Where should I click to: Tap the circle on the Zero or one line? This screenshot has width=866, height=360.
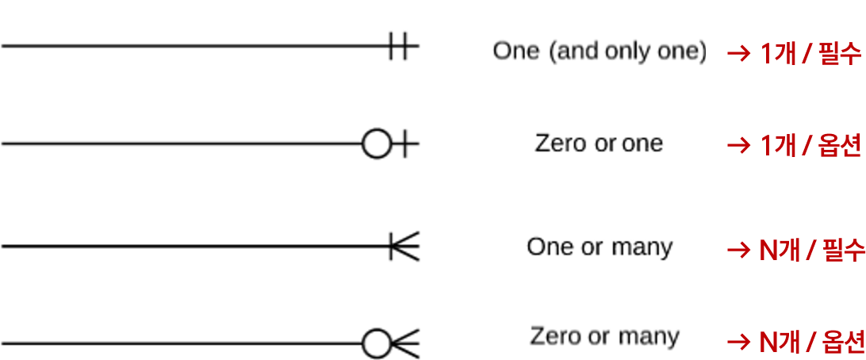click(377, 144)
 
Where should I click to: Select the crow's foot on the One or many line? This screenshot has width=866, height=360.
click(404, 247)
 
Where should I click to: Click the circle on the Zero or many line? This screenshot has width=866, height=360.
click(376, 344)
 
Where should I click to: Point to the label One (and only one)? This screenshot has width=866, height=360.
click(599, 52)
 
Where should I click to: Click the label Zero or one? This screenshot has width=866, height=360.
click(599, 144)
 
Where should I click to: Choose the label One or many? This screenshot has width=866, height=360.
click(599, 247)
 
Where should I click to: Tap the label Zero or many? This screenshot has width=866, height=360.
click(604, 336)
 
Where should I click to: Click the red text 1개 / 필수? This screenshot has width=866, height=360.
click(810, 54)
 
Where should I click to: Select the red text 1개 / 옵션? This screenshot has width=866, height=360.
click(810, 146)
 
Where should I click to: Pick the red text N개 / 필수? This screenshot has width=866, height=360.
click(811, 250)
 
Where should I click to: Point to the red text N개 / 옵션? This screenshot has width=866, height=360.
click(811, 343)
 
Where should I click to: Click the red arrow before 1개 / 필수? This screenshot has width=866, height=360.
click(739, 54)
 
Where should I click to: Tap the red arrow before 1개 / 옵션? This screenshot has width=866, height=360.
click(739, 146)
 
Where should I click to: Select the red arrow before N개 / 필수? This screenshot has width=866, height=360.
click(739, 251)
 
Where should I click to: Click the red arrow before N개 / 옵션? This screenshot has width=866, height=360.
click(739, 343)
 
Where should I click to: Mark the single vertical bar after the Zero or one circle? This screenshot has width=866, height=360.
click(404, 144)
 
